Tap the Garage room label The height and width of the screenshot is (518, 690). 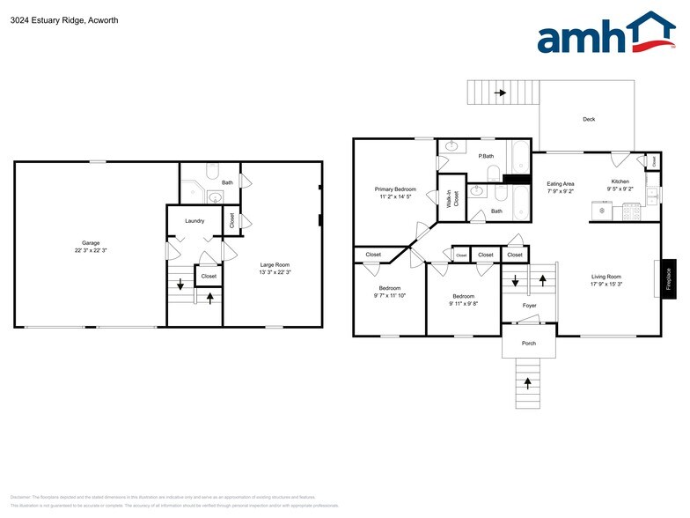pos(91,242)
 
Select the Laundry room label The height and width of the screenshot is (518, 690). pos(195,220)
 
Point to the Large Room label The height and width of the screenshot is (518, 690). pos(275,264)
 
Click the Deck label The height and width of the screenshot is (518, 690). pos(589,120)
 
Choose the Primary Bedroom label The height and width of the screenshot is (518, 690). pos(395,189)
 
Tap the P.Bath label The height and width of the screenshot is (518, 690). pos(485,156)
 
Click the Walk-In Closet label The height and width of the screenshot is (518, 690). pos(451,198)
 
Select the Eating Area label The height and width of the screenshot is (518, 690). pos(561,183)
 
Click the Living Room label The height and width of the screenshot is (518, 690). pos(606,277)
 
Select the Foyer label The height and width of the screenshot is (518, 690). pos(529,306)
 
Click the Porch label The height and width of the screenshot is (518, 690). pos(529,343)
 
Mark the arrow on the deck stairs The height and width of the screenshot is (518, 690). pos(502,92)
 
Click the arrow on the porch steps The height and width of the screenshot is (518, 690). pos(528,382)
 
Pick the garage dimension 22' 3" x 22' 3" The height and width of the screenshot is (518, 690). pos(91,250)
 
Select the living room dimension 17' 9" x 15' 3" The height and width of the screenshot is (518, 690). pos(606,284)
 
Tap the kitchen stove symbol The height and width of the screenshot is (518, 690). pos(630,211)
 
